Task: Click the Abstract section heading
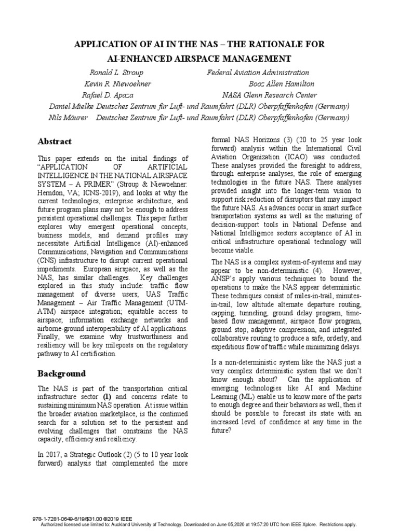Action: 55,142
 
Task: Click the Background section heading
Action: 62,373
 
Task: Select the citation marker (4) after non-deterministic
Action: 313,270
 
